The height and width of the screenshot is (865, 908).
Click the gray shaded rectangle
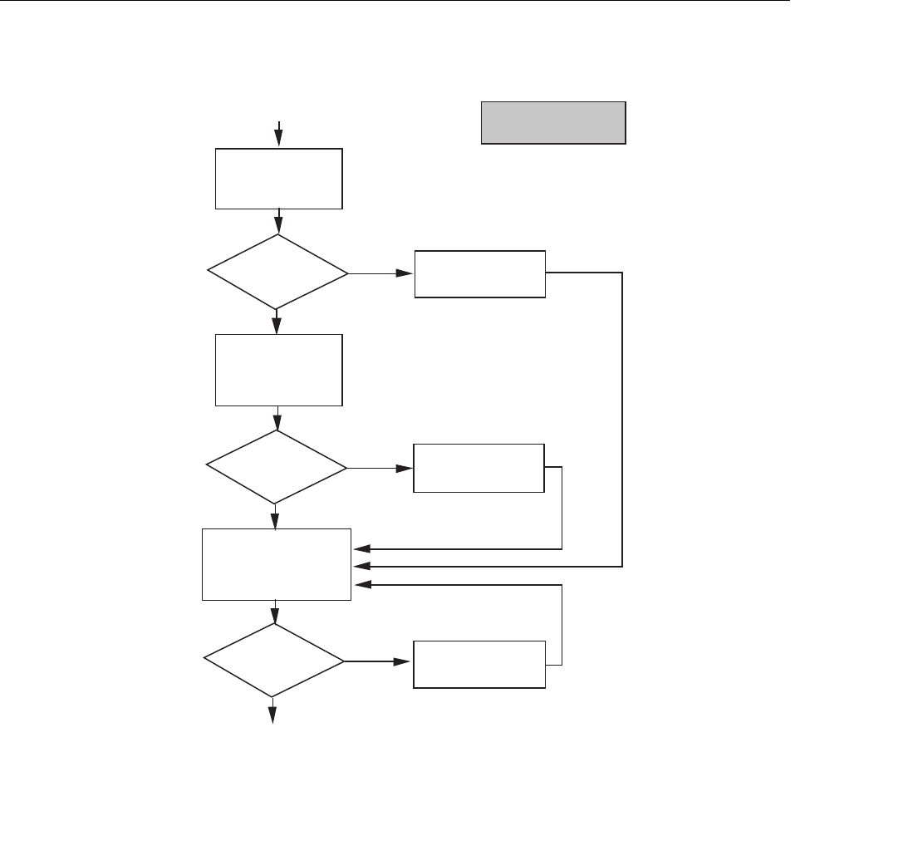(553, 123)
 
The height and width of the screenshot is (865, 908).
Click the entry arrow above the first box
(279, 134)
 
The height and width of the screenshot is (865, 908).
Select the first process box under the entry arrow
(278, 179)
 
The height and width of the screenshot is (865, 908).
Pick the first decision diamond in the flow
(277, 272)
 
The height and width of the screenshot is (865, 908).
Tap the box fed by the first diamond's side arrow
(480, 273)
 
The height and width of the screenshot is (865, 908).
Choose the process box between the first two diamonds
(278, 370)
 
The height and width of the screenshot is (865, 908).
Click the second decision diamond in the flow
(277, 468)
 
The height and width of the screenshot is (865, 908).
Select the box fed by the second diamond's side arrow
(479, 468)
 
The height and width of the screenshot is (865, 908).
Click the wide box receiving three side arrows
(277, 563)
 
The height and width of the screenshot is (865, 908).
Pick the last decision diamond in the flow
(274, 661)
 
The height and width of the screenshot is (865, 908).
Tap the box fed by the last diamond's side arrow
(479, 664)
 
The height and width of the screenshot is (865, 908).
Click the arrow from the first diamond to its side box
(382, 273)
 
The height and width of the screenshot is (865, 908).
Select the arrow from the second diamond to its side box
(380, 468)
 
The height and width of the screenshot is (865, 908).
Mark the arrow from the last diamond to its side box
(379, 662)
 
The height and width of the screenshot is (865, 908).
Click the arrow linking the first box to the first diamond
(278, 222)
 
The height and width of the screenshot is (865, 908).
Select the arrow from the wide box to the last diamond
(274, 612)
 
